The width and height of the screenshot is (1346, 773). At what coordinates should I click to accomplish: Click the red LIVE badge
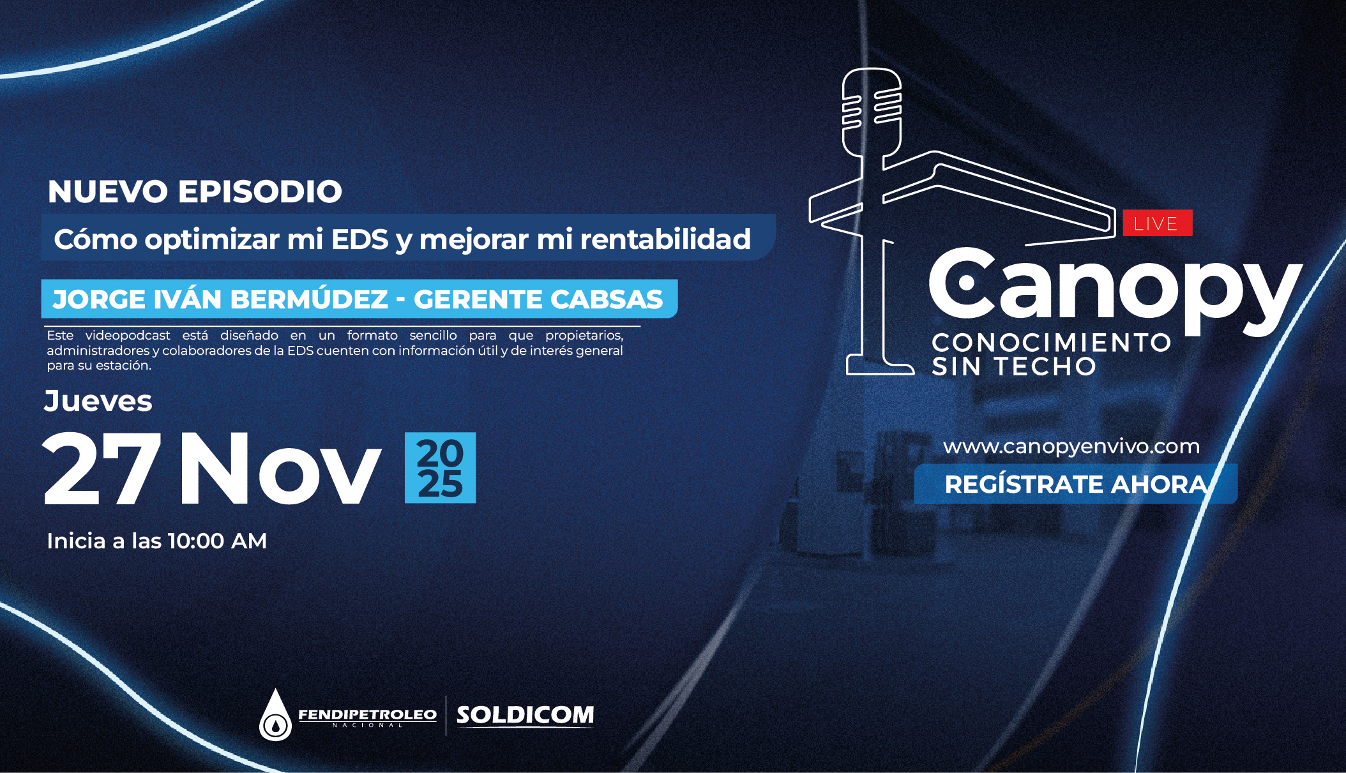point(1157,223)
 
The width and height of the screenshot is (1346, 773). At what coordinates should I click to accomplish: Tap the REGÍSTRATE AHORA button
point(1075,484)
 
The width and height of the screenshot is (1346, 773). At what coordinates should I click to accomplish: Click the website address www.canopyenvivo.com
point(1071,447)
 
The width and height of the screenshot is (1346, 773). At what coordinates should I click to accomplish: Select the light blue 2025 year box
point(440,468)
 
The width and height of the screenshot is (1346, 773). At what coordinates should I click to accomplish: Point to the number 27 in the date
point(102,469)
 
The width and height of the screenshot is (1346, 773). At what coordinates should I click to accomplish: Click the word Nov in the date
point(280,469)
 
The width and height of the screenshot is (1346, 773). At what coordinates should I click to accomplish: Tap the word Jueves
point(98,402)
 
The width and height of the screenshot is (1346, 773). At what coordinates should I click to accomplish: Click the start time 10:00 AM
point(217,541)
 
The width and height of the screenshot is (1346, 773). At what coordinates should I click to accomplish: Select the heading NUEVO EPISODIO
point(195,191)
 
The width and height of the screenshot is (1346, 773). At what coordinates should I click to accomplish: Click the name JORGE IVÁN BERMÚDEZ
point(220,299)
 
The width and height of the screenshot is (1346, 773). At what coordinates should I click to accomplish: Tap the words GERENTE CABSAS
point(539,299)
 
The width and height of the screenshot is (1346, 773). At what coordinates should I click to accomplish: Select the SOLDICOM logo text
point(525,715)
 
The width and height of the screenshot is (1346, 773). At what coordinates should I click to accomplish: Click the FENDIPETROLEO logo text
point(367,715)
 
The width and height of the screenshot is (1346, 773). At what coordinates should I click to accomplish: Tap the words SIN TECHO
point(1014,367)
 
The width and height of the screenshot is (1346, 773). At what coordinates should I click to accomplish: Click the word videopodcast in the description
point(128,335)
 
